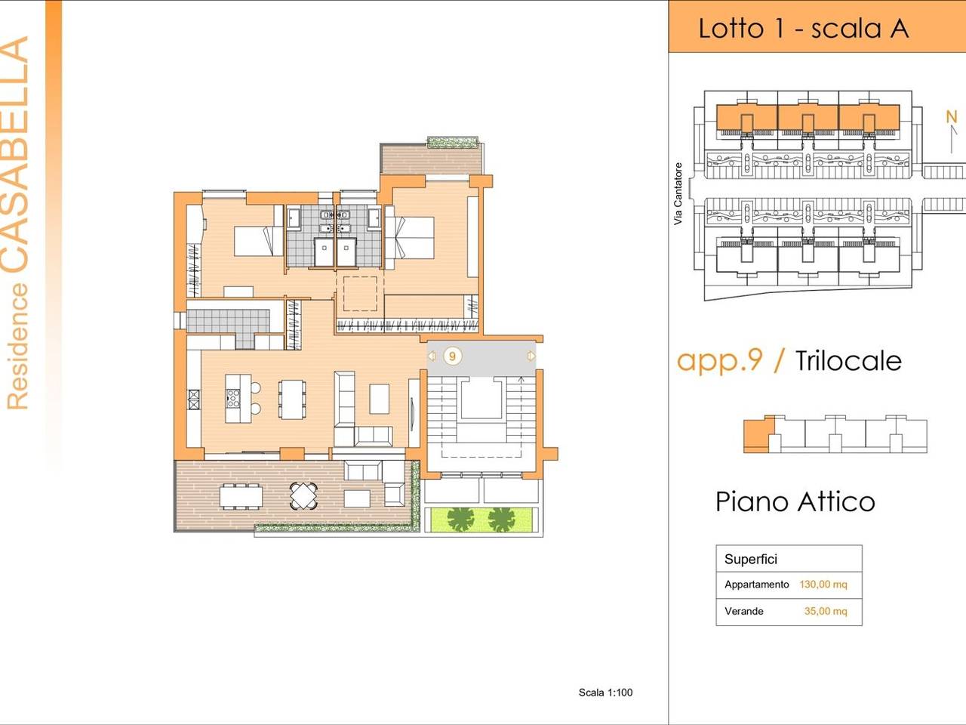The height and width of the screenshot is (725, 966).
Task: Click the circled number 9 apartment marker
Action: click(x=452, y=356)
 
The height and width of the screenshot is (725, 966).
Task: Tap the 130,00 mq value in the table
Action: click(x=823, y=585)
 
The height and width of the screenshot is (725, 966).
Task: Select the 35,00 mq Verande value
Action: click(x=826, y=611)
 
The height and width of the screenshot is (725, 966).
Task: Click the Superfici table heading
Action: click(x=751, y=559)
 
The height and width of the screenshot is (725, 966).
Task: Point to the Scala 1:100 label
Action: click(x=605, y=693)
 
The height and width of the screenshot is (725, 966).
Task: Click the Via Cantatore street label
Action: click(x=678, y=193)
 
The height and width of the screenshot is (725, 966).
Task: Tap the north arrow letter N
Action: click(x=952, y=116)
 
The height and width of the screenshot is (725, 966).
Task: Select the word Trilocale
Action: click(x=848, y=361)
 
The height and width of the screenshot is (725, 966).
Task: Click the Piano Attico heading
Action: click(x=795, y=501)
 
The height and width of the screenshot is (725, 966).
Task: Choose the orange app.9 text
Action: click(x=719, y=361)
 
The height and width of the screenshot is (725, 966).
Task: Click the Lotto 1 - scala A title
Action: click(x=804, y=29)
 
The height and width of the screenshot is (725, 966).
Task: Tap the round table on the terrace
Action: click(x=303, y=495)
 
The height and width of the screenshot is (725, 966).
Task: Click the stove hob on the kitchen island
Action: click(x=232, y=398)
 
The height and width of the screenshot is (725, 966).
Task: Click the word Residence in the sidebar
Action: click(x=17, y=347)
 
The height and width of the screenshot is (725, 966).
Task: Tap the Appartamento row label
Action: click(x=756, y=585)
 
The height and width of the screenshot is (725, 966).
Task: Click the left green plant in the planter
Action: click(x=460, y=520)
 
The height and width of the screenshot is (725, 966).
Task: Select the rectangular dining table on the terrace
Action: click(x=241, y=496)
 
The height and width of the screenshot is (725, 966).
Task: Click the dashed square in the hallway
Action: click(x=360, y=294)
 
